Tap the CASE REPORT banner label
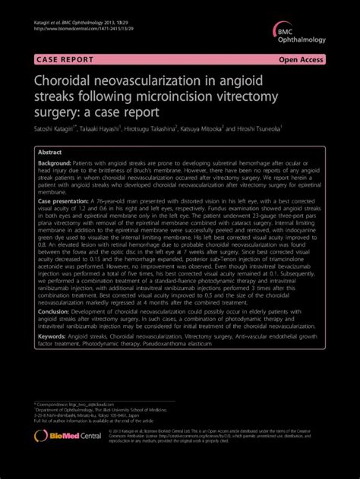coord(62,58)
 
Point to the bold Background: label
coord(56,163)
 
